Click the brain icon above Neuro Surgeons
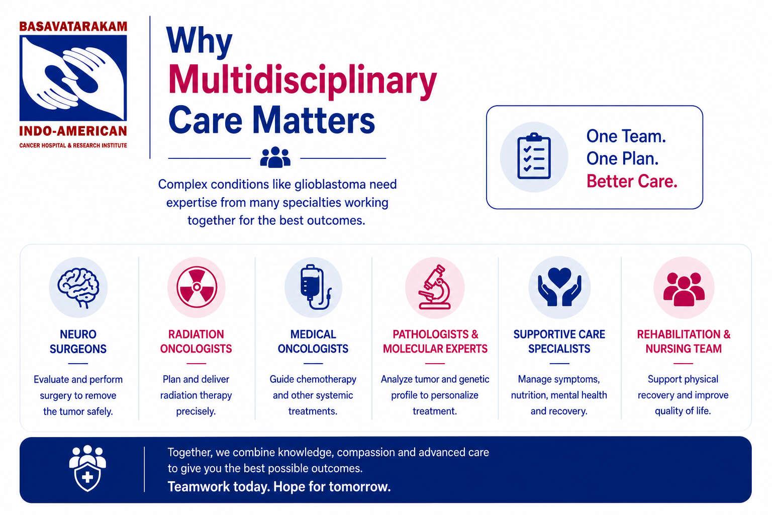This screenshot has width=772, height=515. (78, 288)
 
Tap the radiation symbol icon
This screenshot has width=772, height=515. (197, 287)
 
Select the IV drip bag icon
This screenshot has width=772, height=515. (314, 287)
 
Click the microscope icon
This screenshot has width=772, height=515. (435, 287)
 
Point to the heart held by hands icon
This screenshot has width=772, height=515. (559, 287)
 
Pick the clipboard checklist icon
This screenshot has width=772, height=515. (534, 156)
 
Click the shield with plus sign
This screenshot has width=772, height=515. (87, 477)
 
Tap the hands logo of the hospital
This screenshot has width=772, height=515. (73, 78)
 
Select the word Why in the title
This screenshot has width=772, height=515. (199, 42)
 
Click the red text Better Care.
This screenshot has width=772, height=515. (632, 181)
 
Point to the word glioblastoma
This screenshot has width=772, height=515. (330, 184)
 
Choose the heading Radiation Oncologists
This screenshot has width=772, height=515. (196, 341)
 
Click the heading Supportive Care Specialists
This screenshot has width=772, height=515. (559, 341)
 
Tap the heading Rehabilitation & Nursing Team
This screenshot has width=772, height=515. (684, 341)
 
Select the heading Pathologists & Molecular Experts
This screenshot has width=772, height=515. (435, 341)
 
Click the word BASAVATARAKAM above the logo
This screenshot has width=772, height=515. (73, 27)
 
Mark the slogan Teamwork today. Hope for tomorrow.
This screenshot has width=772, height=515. (279, 487)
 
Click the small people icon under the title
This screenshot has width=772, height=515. (275, 157)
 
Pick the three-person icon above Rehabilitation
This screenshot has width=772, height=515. (684, 289)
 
